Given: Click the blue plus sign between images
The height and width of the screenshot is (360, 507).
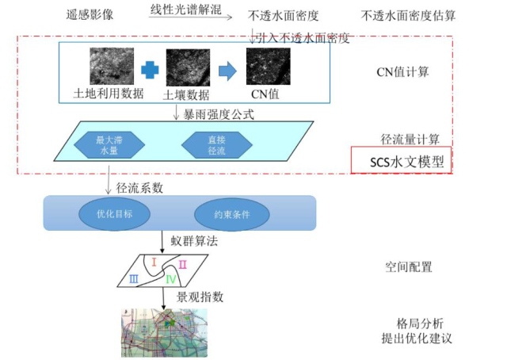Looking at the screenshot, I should pyautogui.click(x=150, y=71).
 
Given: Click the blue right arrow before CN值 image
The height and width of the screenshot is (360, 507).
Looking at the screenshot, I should pyautogui.click(x=227, y=71).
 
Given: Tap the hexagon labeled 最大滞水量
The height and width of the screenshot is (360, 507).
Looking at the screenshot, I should pyautogui.click(x=106, y=144).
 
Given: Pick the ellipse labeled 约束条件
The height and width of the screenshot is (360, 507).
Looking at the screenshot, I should pyautogui.click(x=228, y=213).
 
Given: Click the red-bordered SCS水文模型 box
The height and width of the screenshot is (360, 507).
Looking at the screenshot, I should pyautogui.click(x=401, y=162).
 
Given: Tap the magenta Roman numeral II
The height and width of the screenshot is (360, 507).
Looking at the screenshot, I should pyautogui.click(x=182, y=264).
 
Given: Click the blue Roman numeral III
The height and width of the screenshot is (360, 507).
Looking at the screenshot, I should pyautogui.click(x=135, y=278).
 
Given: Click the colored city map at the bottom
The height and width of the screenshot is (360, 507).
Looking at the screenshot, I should pyautogui.click(x=163, y=332).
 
